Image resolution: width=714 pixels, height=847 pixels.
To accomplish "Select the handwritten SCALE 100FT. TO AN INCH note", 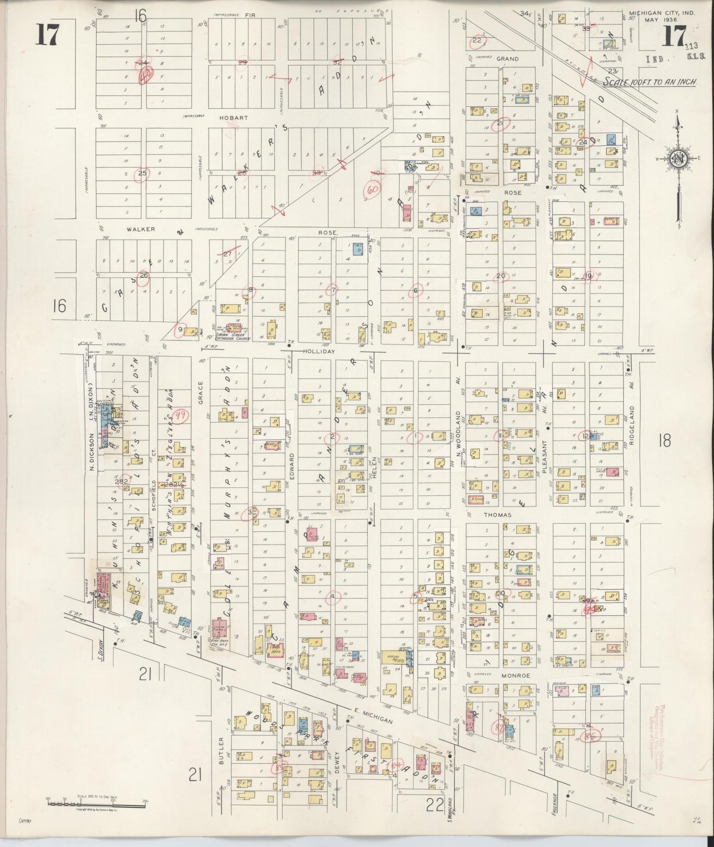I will (649, 83).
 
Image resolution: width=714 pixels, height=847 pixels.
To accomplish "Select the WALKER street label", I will (140, 229).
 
